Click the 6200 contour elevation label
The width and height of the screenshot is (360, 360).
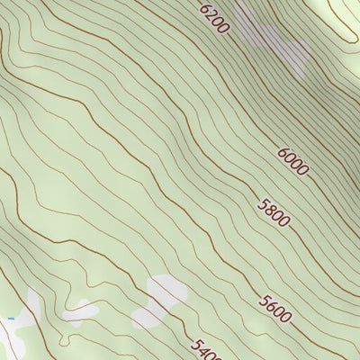coord(215,19)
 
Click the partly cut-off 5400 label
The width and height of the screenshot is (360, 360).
coord(206,348)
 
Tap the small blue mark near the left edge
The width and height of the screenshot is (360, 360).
coord(11,319)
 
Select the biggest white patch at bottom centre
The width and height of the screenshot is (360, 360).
coord(160,301)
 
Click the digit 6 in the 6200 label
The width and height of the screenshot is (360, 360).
coord(206,10)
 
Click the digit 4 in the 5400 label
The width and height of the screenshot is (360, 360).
coord(202,346)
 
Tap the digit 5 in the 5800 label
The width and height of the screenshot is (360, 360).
coord(264,204)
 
